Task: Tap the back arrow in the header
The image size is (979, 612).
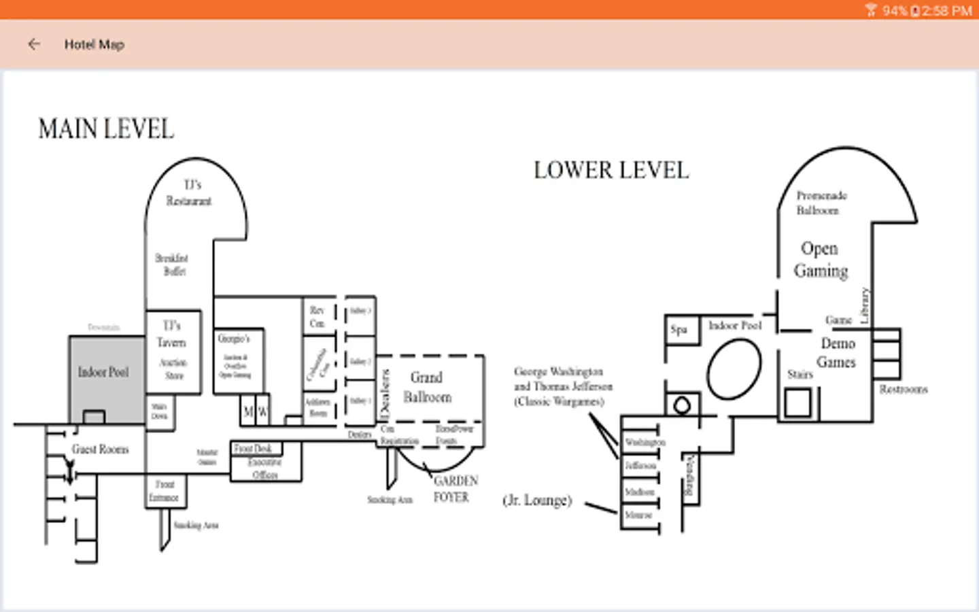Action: click(x=34, y=44)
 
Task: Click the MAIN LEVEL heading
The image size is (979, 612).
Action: click(x=106, y=129)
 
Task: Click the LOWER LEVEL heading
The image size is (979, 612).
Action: click(x=611, y=170)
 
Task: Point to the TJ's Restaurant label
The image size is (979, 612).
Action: click(x=190, y=193)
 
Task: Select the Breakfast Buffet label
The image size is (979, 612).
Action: click(x=172, y=265)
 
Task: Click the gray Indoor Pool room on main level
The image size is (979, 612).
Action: click(x=103, y=372)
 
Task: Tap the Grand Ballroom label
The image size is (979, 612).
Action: click(x=427, y=387)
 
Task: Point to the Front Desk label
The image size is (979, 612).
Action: click(x=253, y=449)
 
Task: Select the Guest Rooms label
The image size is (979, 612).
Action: click(x=100, y=449)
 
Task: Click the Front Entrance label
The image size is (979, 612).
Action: click(x=164, y=491)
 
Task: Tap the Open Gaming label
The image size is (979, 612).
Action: click(x=821, y=260)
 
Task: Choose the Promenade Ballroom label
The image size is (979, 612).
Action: click(x=821, y=203)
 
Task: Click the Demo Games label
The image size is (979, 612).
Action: click(x=837, y=352)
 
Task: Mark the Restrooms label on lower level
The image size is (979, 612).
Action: click(x=903, y=390)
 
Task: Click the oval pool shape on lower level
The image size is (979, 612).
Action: click(x=734, y=369)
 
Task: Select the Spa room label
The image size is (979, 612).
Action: click(x=679, y=330)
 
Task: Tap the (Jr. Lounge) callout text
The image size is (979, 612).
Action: click(x=537, y=500)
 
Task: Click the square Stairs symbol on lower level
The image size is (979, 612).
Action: click(x=797, y=402)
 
